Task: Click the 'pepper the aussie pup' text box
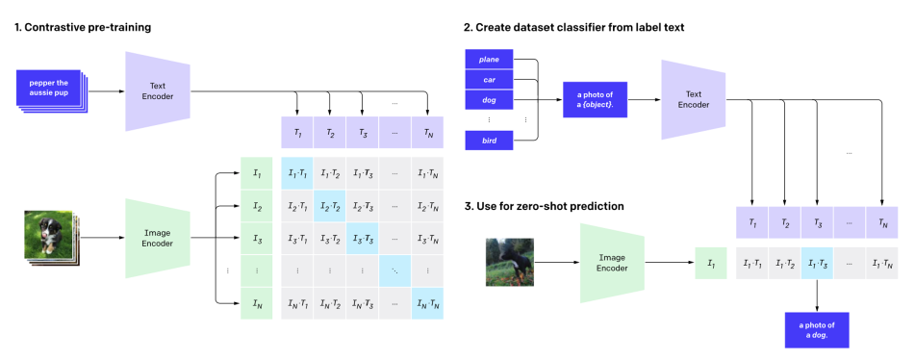pyautogui.click(x=50, y=88)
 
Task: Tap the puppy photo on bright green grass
pyautogui.click(x=48, y=235)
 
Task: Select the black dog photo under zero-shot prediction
pyautogui.click(x=510, y=262)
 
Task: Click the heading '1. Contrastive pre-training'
pyautogui.click(x=83, y=27)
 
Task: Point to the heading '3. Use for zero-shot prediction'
pyautogui.click(x=545, y=206)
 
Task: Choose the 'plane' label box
pyautogui.click(x=489, y=60)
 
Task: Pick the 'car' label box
pyautogui.click(x=489, y=80)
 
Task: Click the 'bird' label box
pyautogui.click(x=489, y=141)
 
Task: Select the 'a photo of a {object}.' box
pyautogui.click(x=595, y=100)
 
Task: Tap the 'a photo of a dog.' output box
pyautogui.click(x=817, y=330)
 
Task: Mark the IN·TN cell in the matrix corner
pyautogui.click(x=427, y=303)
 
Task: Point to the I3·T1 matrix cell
pyautogui.click(x=297, y=238)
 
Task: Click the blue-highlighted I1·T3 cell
pyautogui.click(x=817, y=263)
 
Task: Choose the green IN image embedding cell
pyautogui.click(x=257, y=303)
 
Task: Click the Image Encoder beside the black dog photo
pyautogui.click(x=612, y=263)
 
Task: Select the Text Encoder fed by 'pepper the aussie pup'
pyautogui.click(x=158, y=91)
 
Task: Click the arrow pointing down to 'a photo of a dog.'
pyautogui.click(x=817, y=295)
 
